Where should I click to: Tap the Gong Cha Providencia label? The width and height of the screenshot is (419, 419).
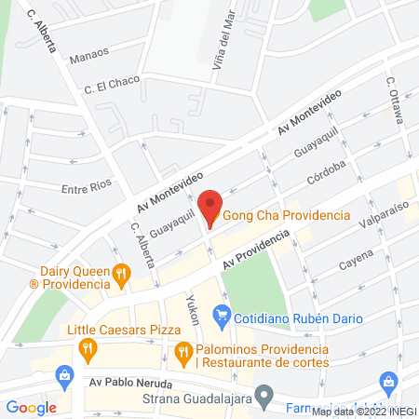click(286, 215)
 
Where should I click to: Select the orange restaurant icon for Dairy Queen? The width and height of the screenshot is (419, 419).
click(121, 274)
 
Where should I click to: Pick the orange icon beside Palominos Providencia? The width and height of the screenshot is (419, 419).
click(183, 353)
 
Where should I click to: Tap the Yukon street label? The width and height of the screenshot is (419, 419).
click(193, 309)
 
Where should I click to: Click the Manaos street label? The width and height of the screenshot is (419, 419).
click(88, 57)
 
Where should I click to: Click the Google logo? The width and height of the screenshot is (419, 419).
click(32, 406)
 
